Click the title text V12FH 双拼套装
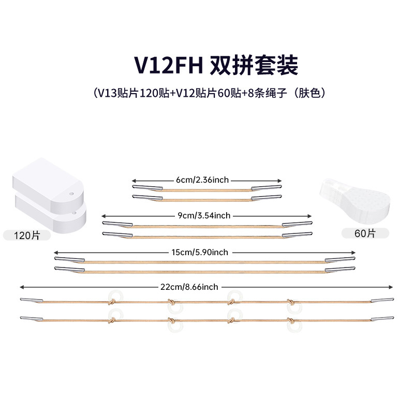(x=207, y=66)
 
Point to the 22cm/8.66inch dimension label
(x=189, y=287)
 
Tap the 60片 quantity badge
(x=365, y=233)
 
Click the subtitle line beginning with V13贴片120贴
(x=207, y=94)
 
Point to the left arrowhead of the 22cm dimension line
(x=22, y=287)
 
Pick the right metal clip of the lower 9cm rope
(x=297, y=235)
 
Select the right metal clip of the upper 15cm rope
(x=339, y=259)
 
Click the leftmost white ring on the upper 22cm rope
(x=112, y=296)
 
